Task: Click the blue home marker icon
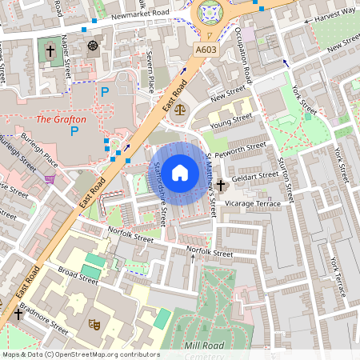pyautogui.click(x=180, y=171)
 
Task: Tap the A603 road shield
pyautogui.click(x=206, y=50)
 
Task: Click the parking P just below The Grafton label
pyautogui.click(x=76, y=130)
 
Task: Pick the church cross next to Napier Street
pyautogui.click(x=50, y=50)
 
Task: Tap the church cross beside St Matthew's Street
pyautogui.click(x=221, y=185)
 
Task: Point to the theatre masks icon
pyautogui.click(x=94, y=324)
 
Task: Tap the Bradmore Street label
pyautogui.click(x=44, y=319)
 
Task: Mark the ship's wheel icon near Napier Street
pyautogui.click(x=93, y=46)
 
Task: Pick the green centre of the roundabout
pyautogui.click(x=210, y=12)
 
